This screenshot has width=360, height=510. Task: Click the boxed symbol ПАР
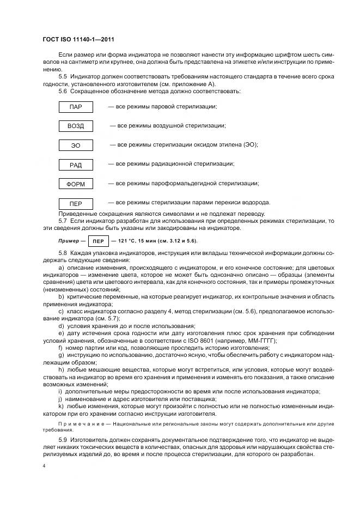point(76,107)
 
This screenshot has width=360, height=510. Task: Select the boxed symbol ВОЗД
point(76,126)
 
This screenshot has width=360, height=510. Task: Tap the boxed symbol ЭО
point(76,145)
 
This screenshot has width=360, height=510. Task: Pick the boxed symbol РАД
point(76,165)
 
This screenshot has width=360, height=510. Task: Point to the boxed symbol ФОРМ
point(76,184)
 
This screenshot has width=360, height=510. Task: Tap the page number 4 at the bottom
point(44,466)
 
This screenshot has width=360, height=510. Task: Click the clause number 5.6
point(63,91)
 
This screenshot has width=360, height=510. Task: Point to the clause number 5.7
point(63,221)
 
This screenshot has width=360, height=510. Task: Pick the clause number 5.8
point(63,254)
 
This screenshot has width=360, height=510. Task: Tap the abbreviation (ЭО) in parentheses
point(248,144)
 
